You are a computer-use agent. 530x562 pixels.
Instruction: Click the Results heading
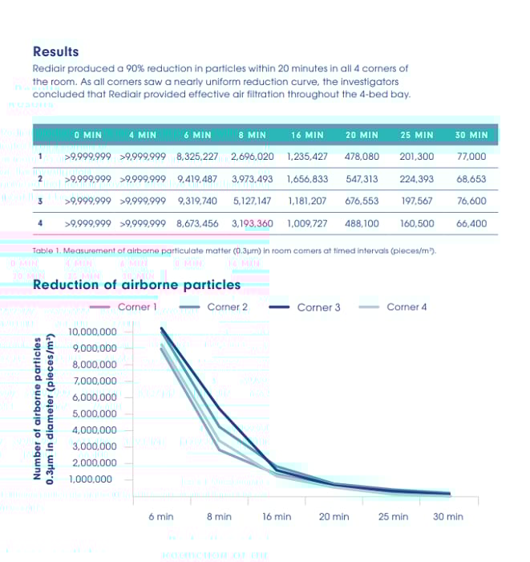55,51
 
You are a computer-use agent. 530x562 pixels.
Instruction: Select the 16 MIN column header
307,135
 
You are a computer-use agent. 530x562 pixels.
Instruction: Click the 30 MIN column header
471,135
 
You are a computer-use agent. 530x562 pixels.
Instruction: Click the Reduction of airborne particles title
136,284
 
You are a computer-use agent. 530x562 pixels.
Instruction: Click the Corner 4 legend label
407,307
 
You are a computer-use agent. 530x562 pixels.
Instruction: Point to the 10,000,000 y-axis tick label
93,332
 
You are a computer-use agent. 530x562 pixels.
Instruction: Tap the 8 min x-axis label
219,516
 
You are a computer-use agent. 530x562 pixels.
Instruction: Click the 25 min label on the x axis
393,516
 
